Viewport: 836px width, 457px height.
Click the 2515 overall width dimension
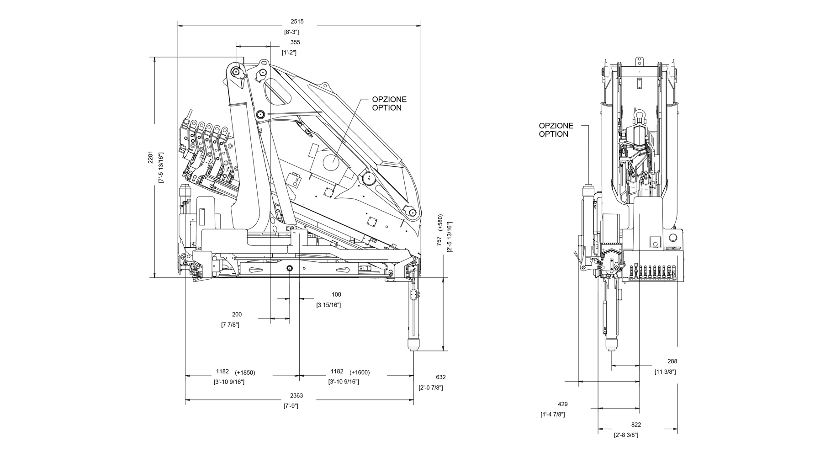pyautogui.click(x=296, y=21)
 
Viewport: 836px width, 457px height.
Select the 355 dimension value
pyautogui.click(x=295, y=42)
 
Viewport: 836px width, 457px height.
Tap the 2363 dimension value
pyautogui.click(x=296, y=395)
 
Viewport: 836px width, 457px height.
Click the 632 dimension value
pyautogui.click(x=440, y=377)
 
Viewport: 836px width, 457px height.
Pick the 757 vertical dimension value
pyautogui.click(x=439, y=240)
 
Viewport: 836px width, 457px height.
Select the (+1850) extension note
pyautogui.click(x=245, y=372)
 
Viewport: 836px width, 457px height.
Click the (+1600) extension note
pyautogui.click(x=360, y=372)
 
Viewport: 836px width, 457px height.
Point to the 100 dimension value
pyautogui.click(x=336, y=295)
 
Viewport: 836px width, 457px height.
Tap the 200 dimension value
pyautogui.click(x=237, y=314)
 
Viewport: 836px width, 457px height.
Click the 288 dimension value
pyautogui.click(x=672, y=361)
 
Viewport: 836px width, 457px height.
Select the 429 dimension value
pyautogui.click(x=563, y=404)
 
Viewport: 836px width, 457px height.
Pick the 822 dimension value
pyautogui.click(x=636, y=425)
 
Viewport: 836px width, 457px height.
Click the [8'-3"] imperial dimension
pyautogui.click(x=291, y=32)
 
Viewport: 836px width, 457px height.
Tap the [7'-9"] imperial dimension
pyautogui.click(x=291, y=406)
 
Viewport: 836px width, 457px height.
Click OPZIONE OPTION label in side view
pyautogui.click(x=389, y=104)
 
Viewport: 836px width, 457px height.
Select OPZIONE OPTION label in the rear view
pyautogui.click(x=556, y=130)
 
